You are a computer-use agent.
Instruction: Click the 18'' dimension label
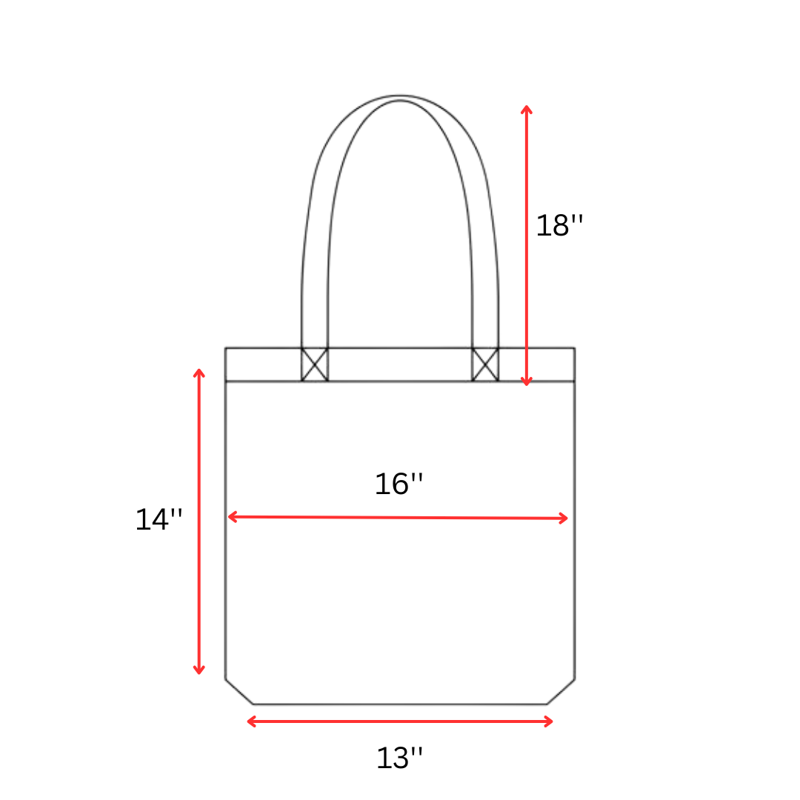[x=559, y=226]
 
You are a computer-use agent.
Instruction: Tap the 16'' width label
[x=399, y=484]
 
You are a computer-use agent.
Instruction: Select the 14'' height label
[x=158, y=520]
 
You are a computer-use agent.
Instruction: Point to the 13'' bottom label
[x=400, y=758]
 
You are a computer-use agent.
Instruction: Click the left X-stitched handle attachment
[x=314, y=364]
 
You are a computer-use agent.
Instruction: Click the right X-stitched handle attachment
[x=485, y=364]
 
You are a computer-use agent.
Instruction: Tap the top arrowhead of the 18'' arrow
[x=527, y=109]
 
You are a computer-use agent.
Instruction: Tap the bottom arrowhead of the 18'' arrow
[x=527, y=382]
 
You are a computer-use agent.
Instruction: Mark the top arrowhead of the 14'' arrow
[x=199, y=372]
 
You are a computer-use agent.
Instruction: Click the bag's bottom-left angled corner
[x=239, y=692]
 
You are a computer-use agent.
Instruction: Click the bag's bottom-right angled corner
[x=561, y=692]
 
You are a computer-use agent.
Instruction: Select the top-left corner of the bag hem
[x=226, y=348]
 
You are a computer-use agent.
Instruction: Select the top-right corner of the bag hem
[x=574, y=348]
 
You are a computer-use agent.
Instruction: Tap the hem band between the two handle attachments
[x=400, y=364]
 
